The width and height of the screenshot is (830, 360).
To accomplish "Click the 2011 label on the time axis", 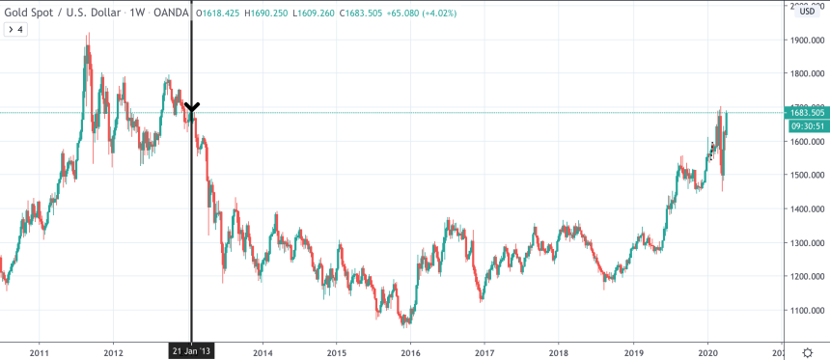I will click(x=40, y=351).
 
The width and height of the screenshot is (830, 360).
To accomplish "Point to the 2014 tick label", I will click(x=263, y=351).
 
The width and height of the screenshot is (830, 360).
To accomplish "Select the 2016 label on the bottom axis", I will click(x=410, y=351).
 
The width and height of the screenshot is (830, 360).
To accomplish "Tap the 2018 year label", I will click(x=559, y=351).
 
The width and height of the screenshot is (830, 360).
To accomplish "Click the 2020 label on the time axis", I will click(x=707, y=351).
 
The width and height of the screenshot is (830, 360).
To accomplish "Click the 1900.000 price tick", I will click(x=805, y=41).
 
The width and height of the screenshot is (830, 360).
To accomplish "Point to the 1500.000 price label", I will click(x=805, y=176).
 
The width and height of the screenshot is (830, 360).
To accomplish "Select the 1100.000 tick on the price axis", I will click(x=805, y=311).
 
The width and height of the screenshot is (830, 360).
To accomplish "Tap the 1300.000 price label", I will click(x=805, y=243).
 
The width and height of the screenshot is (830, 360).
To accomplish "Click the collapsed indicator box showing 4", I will click(x=16, y=29).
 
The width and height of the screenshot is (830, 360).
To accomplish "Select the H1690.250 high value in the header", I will click(x=268, y=12).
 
